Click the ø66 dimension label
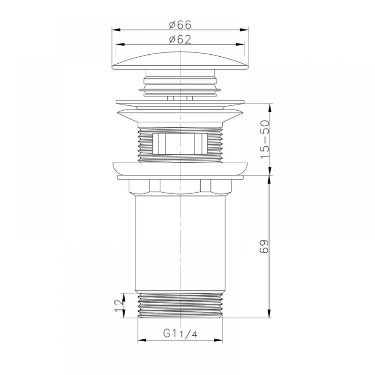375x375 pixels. pos(180,25)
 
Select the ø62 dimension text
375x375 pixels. pos(180,39)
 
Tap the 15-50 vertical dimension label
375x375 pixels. pos(265,139)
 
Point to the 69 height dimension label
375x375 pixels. pos(264,246)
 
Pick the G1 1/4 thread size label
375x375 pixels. pos(180,333)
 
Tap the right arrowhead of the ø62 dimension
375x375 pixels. pos(240,45)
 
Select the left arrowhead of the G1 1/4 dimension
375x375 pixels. pos(142,340)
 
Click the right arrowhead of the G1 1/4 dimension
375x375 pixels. pos(218,340)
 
